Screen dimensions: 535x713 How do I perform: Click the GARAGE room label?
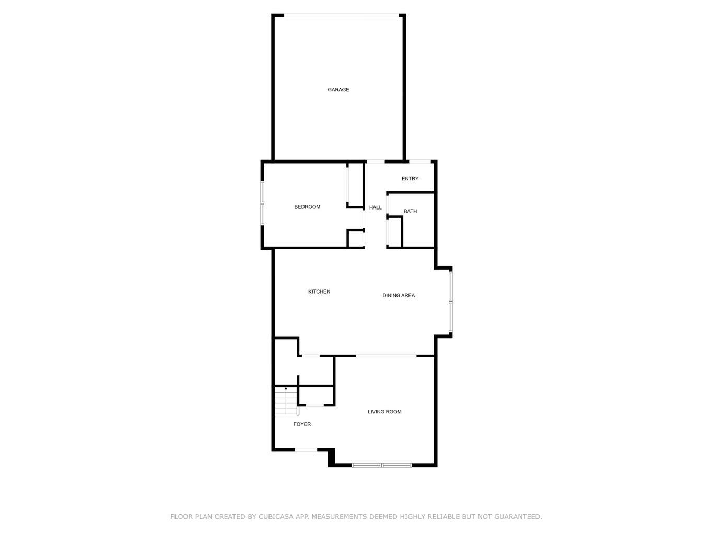(x=338, y=90)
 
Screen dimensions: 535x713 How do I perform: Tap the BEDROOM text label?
(x=307, y=207)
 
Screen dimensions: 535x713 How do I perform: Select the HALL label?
(x=375, y=207)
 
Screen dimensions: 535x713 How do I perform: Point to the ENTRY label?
(x=410, y=179)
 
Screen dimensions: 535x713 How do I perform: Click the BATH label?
(x=410, y=211)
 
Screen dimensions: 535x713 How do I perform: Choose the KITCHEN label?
(x=319, y=292)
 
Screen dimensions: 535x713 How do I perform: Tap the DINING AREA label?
(x=399, y=295)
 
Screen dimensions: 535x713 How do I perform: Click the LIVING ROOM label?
(x=384, y=412)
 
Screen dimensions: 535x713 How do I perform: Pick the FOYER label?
(x=302, y=424)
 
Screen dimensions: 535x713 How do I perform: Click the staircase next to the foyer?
(x=285, y=401)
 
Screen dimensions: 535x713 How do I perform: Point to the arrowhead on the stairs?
(x=286, y=388)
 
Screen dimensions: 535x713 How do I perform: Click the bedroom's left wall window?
(x=263, y=203)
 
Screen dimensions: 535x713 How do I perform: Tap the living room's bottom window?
(x=381, y=464)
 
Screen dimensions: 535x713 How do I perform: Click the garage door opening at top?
(x=338, y=15)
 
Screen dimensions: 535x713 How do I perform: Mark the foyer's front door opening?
(x=306, y=449)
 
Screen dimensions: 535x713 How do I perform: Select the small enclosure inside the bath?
(x=394, y=231)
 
